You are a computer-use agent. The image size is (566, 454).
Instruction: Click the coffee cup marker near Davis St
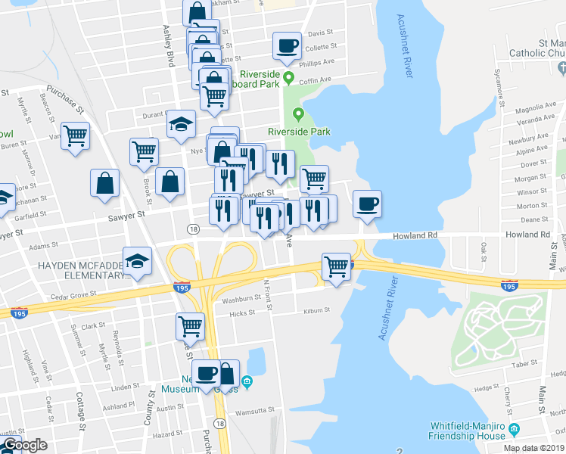coord(288,45)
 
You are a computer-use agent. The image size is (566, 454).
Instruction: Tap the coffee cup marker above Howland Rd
coord(367,204)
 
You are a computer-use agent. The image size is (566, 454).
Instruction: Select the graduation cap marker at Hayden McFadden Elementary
coord(137,262)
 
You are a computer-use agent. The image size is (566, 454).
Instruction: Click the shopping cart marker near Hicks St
coord(190,326)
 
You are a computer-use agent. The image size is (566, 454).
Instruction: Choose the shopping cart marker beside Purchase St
coord(75,137)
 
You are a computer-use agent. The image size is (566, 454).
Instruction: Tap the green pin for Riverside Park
coord(298,115)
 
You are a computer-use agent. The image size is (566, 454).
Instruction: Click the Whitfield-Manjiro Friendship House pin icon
coord(515,429)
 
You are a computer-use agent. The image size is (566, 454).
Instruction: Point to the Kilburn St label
coord(317,310)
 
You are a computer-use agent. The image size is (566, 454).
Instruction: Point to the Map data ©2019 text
coord(534,448)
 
